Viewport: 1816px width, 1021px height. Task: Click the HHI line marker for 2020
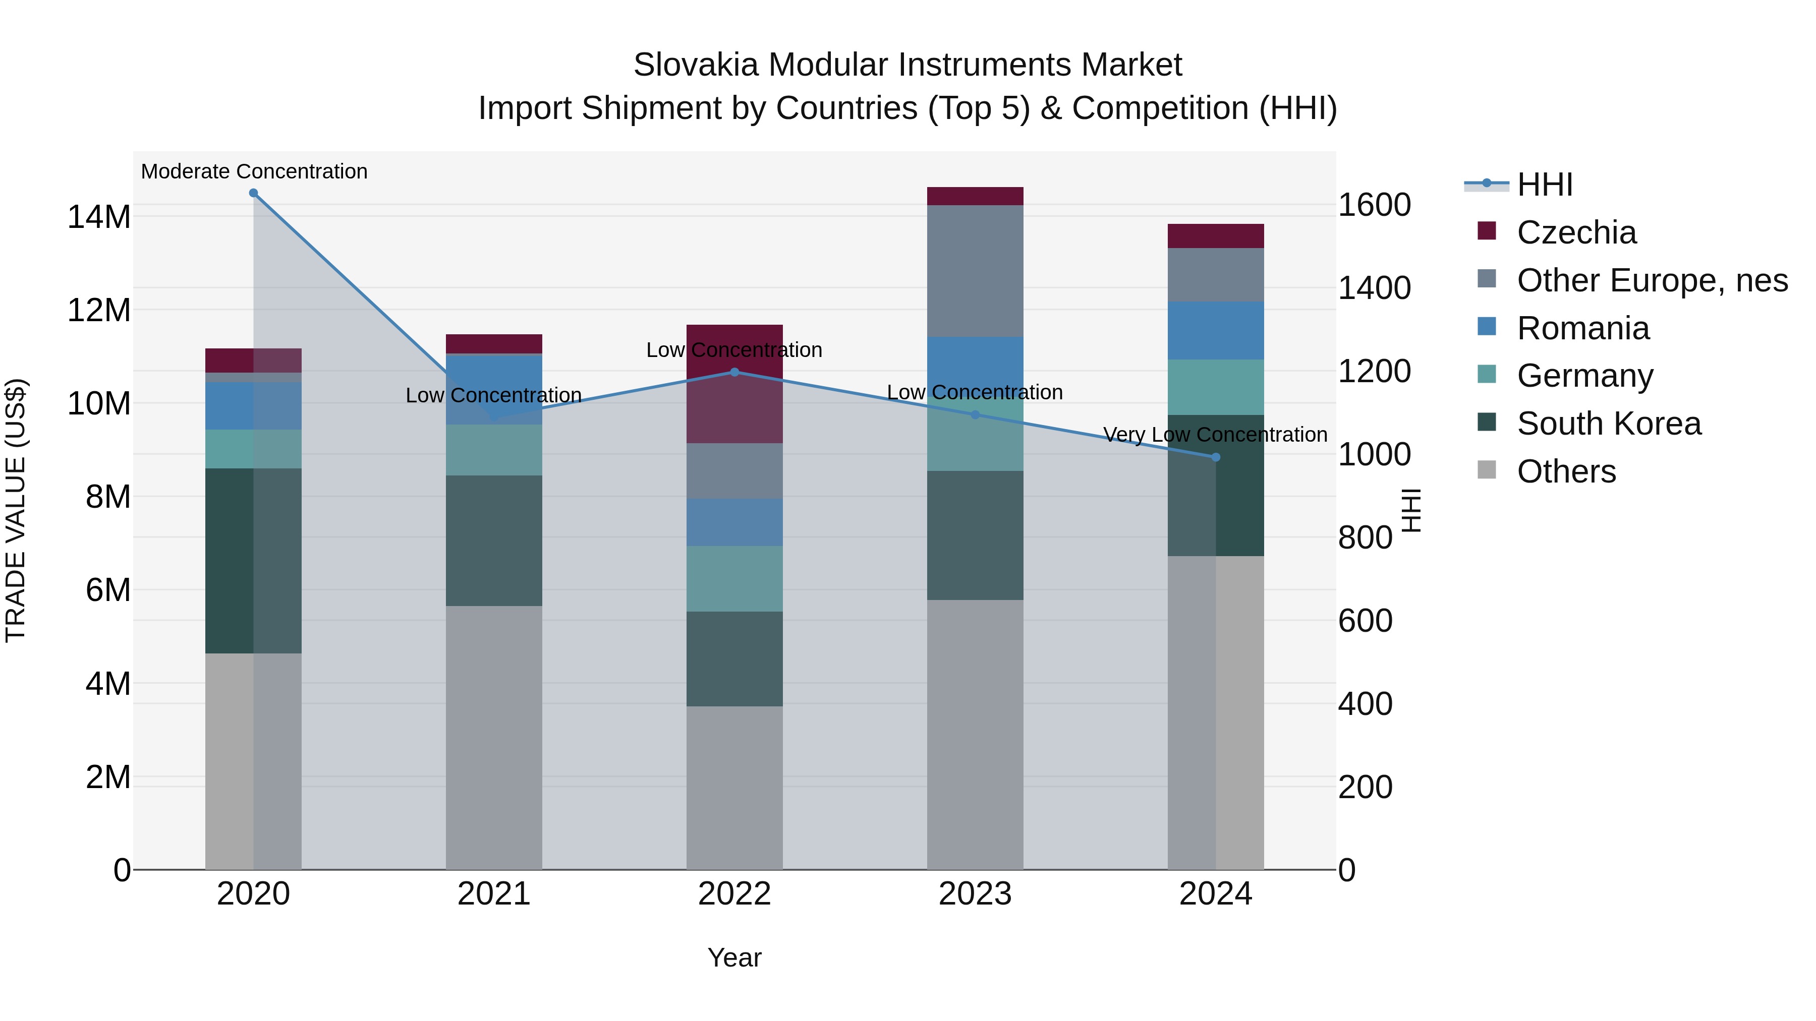pos(253,193)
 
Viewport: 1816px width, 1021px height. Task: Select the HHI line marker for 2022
pos(734,372)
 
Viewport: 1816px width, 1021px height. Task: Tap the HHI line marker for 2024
pos(1215,457)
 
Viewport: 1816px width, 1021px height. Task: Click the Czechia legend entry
pos(1576,232)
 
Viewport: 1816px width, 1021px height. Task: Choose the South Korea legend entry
pos(1609,424)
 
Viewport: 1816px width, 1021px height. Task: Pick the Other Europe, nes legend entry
pos(1652,280)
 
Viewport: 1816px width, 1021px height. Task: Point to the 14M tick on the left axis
pos(99,216)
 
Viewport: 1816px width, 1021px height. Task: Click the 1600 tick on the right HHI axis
pos(1374,206)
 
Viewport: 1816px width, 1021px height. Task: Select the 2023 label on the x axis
pos(975,894)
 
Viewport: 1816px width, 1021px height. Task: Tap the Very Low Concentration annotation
pos(1215,435)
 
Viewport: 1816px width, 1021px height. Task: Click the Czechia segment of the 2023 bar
pos(975,196)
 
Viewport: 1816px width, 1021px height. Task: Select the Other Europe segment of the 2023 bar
pos(975,271)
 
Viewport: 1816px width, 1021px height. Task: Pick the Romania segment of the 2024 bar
pos(1215,330)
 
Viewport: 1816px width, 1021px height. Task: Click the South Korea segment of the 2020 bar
pos(229,560)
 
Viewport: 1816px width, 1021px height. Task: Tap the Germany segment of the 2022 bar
pos(734,578)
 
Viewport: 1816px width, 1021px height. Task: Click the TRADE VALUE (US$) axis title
pos(16,510)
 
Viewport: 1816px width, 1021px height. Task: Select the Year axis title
pos(734,957)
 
